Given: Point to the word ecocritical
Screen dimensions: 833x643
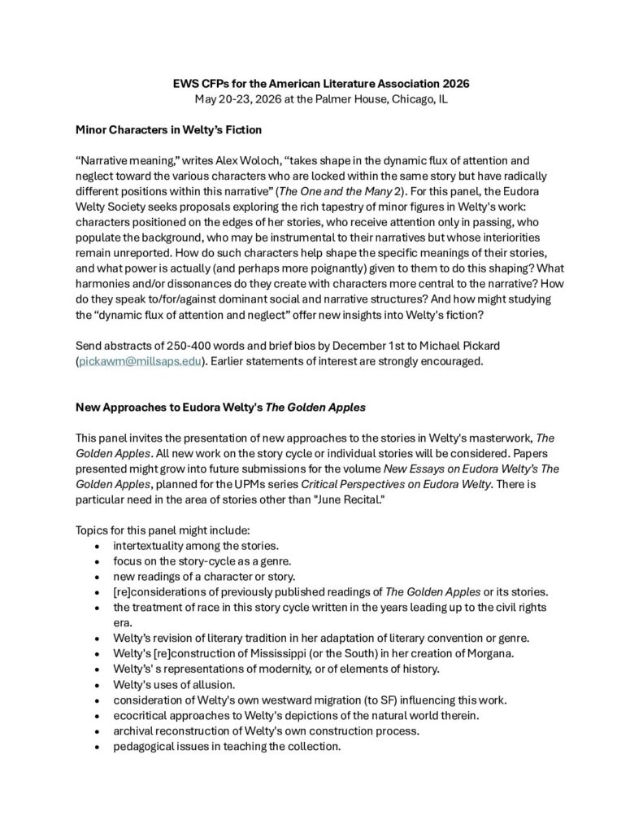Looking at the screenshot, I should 144,715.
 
